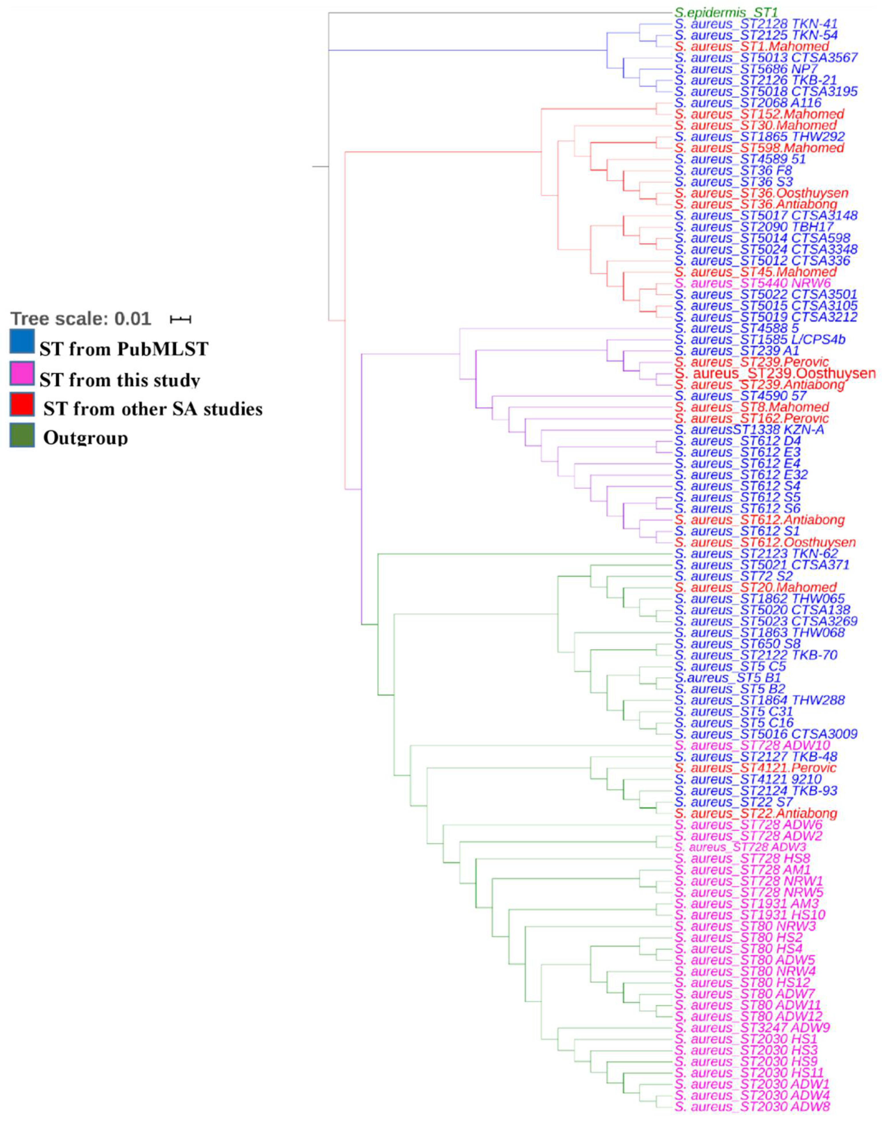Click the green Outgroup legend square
(22, 435)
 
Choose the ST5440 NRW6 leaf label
(752, 283)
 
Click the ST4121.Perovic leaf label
(755, 768)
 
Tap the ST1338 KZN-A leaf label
(749, 430)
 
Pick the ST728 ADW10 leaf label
(752, 745)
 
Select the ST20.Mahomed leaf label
(755, 587)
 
